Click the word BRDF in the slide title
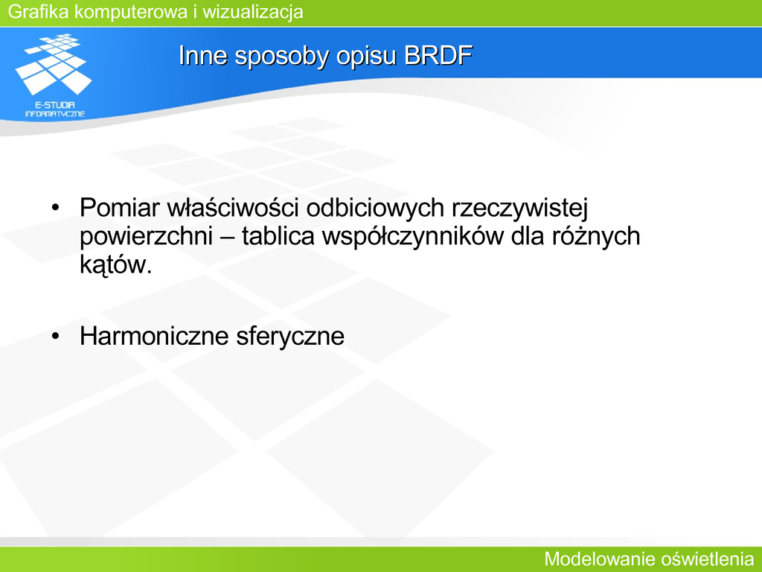tap(438, 55)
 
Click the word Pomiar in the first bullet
tap(119, 208)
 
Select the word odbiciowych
tap(375, 208)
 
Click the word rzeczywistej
tap(519, 209)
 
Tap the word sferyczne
tap(290, 337)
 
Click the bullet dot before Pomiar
tap(55, 209)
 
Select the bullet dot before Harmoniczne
tap(55, 336)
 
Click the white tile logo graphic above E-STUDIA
tap(54, 64)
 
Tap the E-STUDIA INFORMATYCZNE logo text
tap(55, 109)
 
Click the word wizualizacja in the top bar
tap(253, 12)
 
